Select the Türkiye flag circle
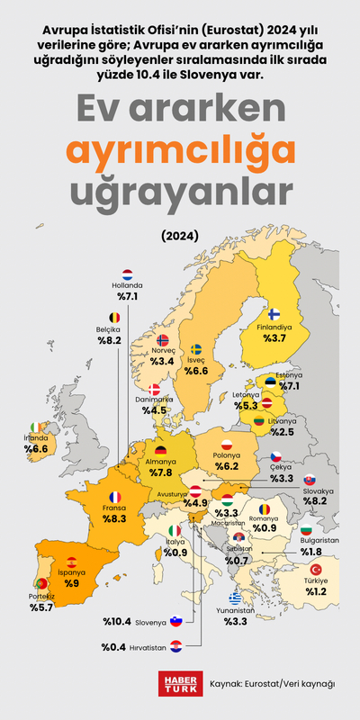[316, 570]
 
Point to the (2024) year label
[180, 237]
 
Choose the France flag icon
[114, 497]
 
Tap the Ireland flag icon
[34, 427]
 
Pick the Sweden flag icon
[196, 349]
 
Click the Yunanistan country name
[235, 608]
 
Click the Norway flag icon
[163, 340]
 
